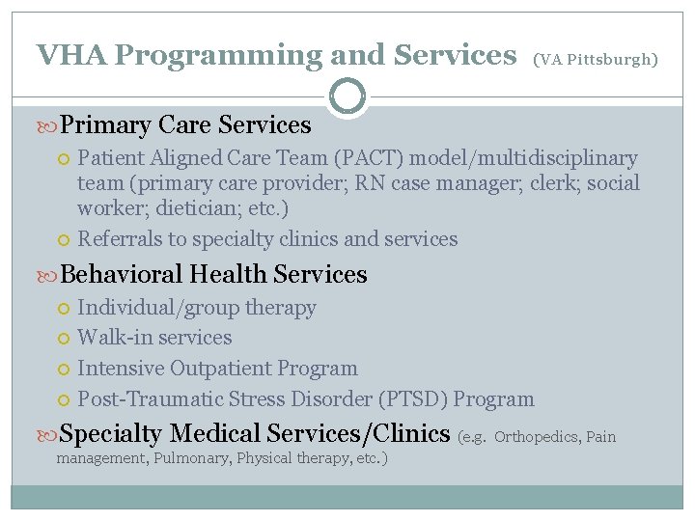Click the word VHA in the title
tap(70, 55)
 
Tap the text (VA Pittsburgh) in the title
tap(596, 60)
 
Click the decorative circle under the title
tap(347, 96)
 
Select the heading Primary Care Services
tap(185, 125)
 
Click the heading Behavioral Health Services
tap(213, 275)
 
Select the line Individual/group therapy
tap(197, 309)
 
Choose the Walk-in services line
tap(154, 338)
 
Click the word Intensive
tap(121, 369)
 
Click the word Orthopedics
tap(537, 437)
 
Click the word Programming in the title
tap(217, 55)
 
